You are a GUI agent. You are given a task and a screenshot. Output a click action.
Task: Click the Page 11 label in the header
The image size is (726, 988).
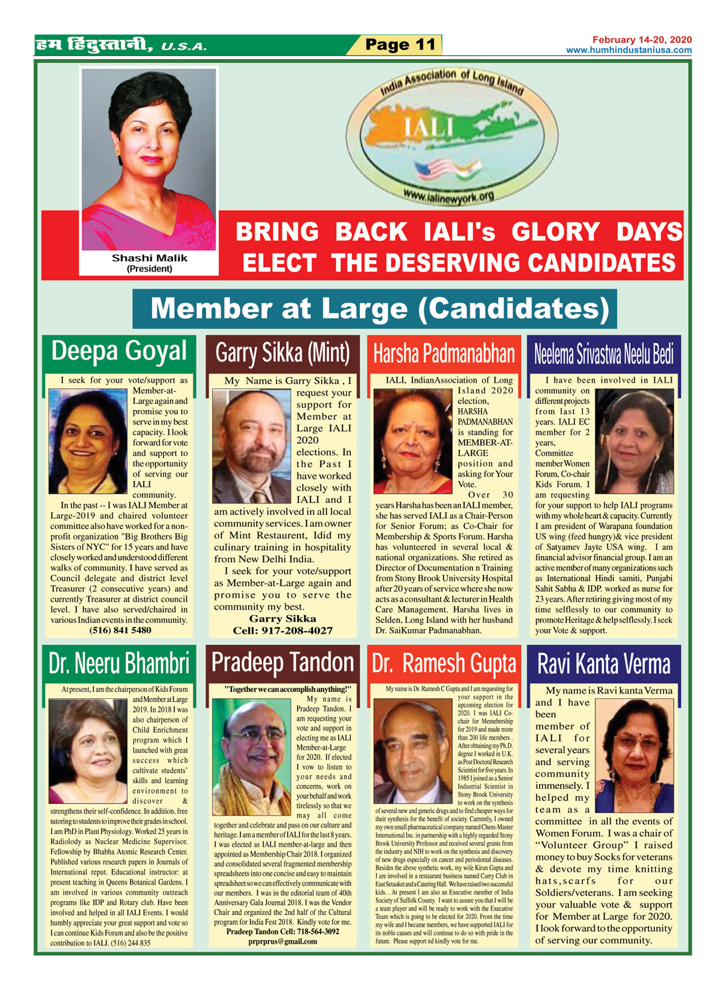[400, 45]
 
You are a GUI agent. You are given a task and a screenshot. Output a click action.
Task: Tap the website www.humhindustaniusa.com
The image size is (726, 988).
[629, 50]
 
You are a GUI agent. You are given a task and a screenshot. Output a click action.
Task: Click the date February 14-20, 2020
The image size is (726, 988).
[642, 40]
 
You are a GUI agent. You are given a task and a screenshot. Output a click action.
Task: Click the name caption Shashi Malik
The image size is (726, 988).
[149, 258]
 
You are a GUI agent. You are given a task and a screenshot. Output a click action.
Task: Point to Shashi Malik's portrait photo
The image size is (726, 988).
[149, 159]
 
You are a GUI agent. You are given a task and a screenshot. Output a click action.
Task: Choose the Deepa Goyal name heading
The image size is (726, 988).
[119, 352]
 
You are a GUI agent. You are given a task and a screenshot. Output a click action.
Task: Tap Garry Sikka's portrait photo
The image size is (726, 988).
[252, 446]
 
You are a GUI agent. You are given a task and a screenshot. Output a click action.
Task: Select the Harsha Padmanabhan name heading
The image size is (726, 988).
[444, 354]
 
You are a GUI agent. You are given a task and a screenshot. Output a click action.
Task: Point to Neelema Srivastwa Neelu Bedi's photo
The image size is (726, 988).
[634, 441]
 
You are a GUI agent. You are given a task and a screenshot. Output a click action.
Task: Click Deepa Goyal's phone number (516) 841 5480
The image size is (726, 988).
[120, 630]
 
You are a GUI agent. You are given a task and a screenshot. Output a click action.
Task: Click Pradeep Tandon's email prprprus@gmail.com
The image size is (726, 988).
[282, 941]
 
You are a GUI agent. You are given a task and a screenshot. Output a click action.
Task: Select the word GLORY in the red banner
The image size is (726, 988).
[556, 232]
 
